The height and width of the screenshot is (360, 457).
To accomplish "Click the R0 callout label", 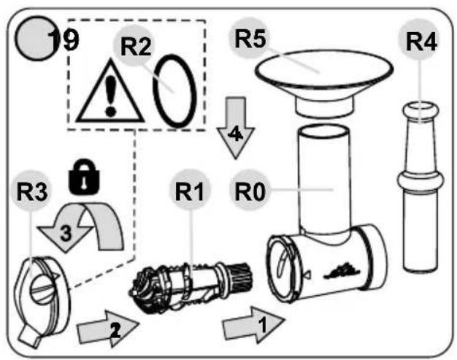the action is (x=250, y=191).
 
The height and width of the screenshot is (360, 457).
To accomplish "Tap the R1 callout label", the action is (x=190, y=191).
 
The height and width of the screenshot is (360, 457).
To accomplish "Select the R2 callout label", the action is (x=136, y=46).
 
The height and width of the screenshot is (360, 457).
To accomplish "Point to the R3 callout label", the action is (x=32, y=191).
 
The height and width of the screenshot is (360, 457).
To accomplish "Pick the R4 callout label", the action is (x=421, y=42).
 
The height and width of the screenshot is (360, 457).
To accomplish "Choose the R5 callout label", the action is (x=250, y=39).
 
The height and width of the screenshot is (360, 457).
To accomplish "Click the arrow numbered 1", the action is (x=253, y=324).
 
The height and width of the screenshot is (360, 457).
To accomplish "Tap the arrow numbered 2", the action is (x=107, y=329).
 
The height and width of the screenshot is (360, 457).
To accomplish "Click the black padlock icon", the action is (x=84, y=177).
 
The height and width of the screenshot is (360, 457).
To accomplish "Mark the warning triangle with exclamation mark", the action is (x=110, y=92).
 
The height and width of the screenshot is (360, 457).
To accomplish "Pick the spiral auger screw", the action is (x=191, y=287).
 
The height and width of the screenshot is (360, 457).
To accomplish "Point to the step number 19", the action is (x=64, y=40).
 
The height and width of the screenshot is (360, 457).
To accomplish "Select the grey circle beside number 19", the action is (x=36, y=39).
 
